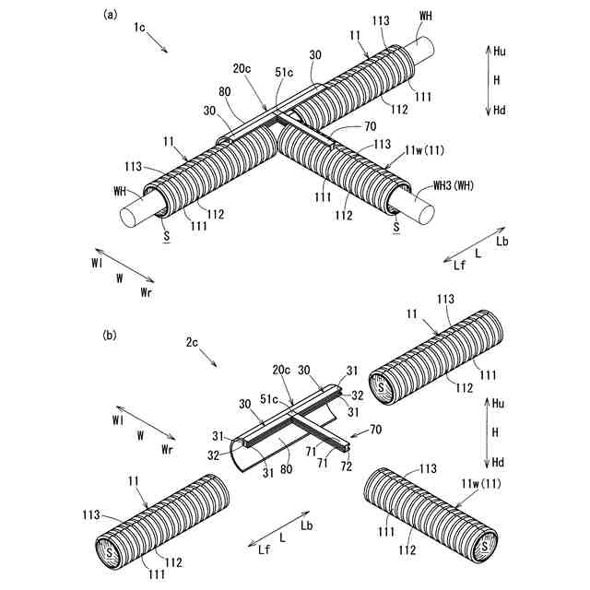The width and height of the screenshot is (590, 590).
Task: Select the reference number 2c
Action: [x=192, y=343]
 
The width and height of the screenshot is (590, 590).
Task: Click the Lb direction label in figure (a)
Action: [x=501, y=242]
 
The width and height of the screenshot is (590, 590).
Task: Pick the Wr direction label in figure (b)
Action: [x=167, y=448]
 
